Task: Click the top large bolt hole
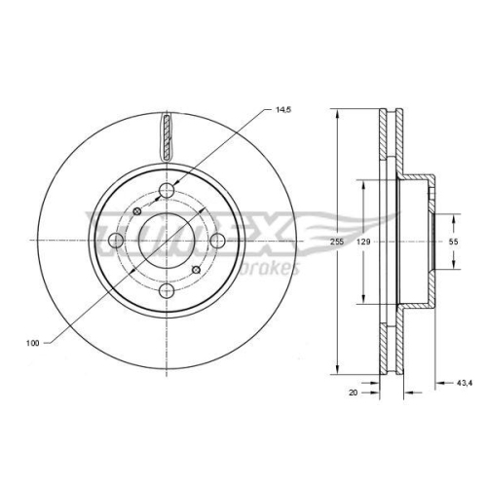click(x=168, y=191)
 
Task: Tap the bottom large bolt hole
click(x=168, y=289)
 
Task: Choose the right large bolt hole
click(x=217, y=241)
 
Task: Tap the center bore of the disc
click(x=168, y=240)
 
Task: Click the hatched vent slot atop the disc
click(x=168, y=134)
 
